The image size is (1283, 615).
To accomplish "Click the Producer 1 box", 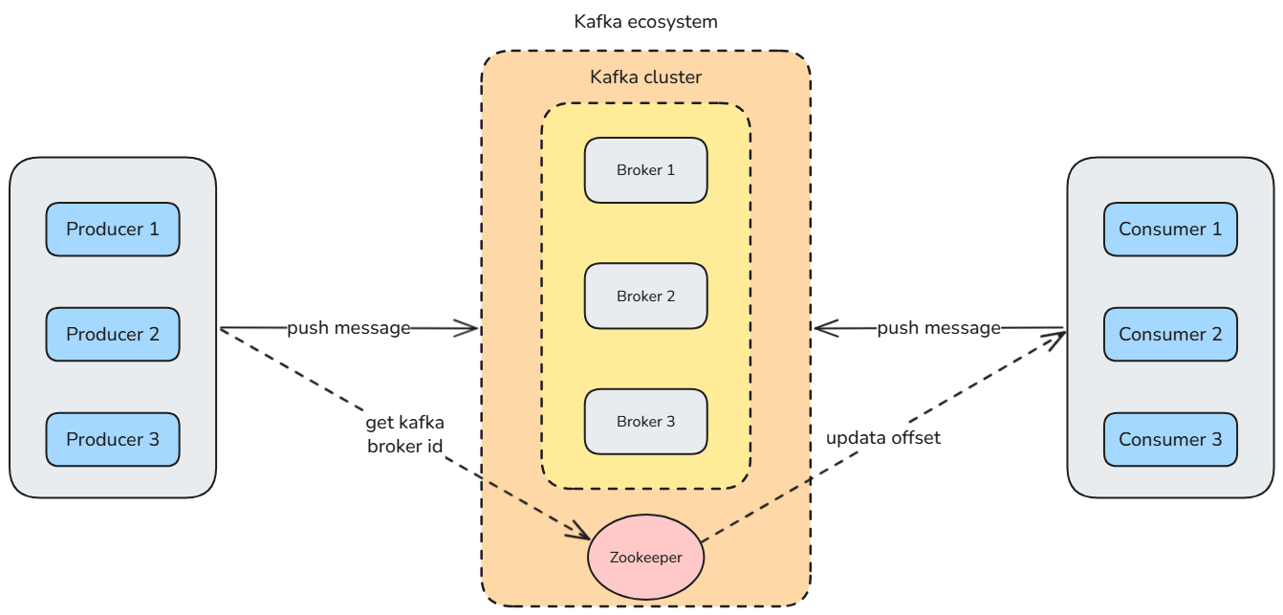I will point(113,230).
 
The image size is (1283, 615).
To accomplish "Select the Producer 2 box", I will point(113,335).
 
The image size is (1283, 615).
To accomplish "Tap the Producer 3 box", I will point(113,440).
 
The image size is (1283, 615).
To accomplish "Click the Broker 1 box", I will point(646,170).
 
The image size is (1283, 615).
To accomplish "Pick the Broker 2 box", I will point(646,297).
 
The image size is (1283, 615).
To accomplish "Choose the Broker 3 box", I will point(646,422).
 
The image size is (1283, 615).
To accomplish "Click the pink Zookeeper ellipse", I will point(647,557).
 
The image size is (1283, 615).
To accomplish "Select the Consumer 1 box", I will point(1170,230).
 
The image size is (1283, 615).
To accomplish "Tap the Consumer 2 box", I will point(1170,335).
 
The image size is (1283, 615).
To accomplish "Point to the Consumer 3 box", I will point(1170,440).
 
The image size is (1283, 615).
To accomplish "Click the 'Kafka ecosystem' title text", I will point(645,21).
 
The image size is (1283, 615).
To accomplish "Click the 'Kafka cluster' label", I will point(645,77).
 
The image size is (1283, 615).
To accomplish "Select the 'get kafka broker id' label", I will point(405,433).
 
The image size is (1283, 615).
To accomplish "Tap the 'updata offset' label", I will point(883,438).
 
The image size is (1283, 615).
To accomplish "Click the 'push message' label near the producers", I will point(349,328).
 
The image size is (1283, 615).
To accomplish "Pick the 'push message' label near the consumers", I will point(939,328).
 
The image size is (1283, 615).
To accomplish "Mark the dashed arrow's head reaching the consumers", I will point(1059,337).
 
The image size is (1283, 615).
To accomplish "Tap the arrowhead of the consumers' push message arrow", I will point(820,328).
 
